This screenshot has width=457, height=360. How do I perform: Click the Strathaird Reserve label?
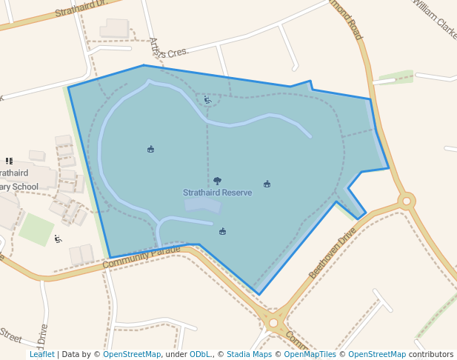217,193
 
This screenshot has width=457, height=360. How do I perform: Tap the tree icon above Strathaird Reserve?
217,181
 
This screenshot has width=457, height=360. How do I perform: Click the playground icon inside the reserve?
207,100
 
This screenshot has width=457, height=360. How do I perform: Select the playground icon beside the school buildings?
58,239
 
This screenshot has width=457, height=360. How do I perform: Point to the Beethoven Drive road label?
333,253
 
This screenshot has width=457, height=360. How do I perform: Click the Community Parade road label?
141,257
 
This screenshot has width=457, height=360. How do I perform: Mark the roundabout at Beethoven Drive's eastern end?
406,200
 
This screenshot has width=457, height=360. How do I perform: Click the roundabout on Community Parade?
273,323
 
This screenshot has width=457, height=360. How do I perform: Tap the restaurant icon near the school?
9,160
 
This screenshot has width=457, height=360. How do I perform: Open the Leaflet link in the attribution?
41,354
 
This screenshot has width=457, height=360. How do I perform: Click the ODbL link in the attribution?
200,354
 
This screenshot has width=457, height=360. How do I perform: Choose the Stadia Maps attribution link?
249,354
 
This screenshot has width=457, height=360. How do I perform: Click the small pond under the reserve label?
202,204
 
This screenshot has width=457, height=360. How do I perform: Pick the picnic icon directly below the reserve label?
222,232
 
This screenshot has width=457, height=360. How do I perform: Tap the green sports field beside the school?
36,229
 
